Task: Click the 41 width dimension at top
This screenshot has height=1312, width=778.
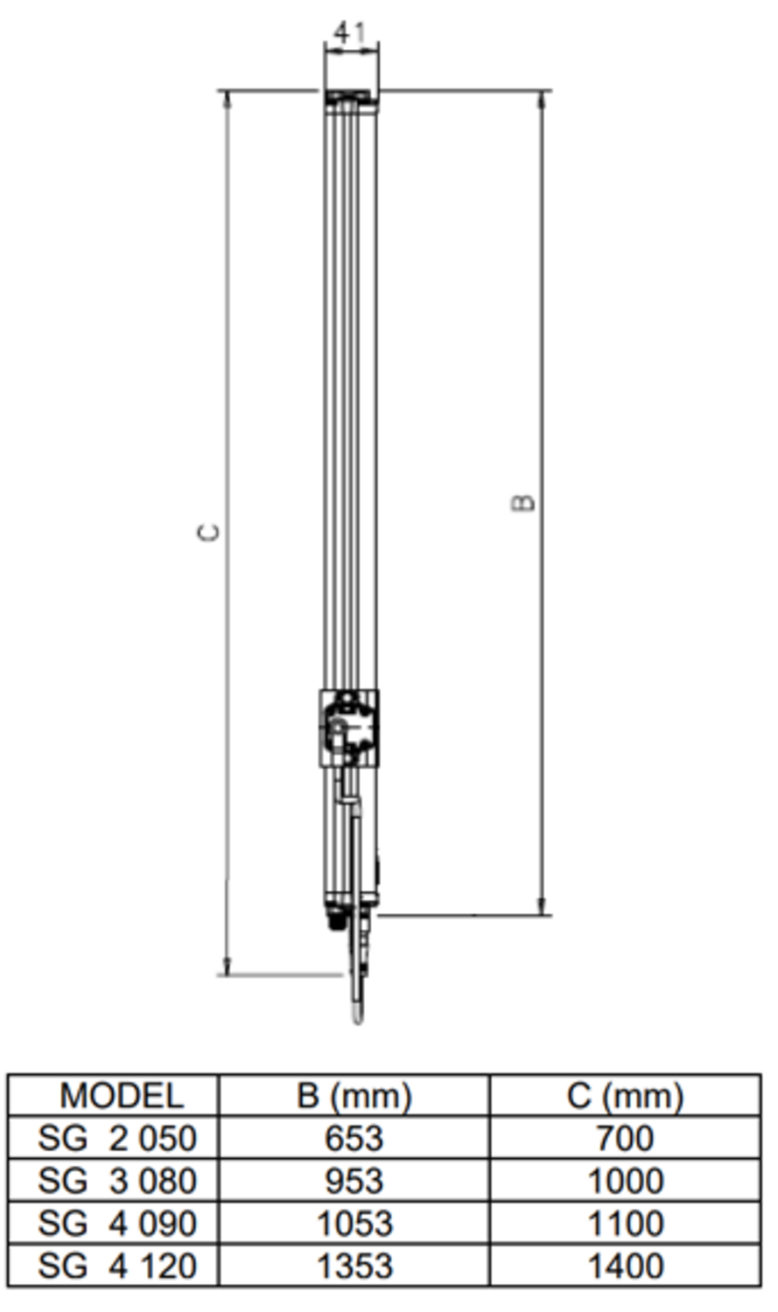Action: pyautogui.click(x=350, y=33)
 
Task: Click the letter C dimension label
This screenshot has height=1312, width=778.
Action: pyautogui.click(x=209, y=532)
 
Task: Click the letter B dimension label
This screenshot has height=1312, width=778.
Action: pyautogui.click(x=523, y=502)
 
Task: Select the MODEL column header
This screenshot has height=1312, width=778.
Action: pyautogui.click(x=121, y=1095)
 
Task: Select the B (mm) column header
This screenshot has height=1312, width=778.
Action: pyautogui.click(x=354, y=1095)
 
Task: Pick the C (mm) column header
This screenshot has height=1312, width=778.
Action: pyautogui.click(x=625, y=1095)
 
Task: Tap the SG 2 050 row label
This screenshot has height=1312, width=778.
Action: pyautogui.click(x=117, y=1138)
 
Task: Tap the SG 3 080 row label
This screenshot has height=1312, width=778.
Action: pyautogui.click(x=117, y=1181)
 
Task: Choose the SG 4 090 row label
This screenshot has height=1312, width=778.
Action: pyautogui.click(x=117, y=1224)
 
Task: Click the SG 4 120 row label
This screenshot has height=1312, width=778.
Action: pyautogui.click(x=117, y=1266)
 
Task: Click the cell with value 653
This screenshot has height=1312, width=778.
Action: pyautogui.click(x=354, y=1138)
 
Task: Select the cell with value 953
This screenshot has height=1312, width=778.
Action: pyautogui.click(x=354, y=1181)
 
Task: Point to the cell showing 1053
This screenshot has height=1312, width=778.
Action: pyautogui.click(x=354, y=1224)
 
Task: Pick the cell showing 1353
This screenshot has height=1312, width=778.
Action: pyautogui.click(x=354, y=1266)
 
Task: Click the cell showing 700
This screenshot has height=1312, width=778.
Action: pyautogui.click(x=625, y=1138)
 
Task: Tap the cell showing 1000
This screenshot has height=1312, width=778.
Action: pyautogui.click(x=625, y=1181)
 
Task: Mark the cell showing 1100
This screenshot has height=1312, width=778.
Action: pyautogui.click(x=625, y=1224)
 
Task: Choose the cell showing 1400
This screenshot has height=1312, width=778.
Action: pyautogui.click(x=625, y=1266)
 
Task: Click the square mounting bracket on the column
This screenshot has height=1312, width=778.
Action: pyautogui.click(x=349, y=728)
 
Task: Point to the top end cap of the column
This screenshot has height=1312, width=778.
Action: pyautogui.click(x=351, y=99)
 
